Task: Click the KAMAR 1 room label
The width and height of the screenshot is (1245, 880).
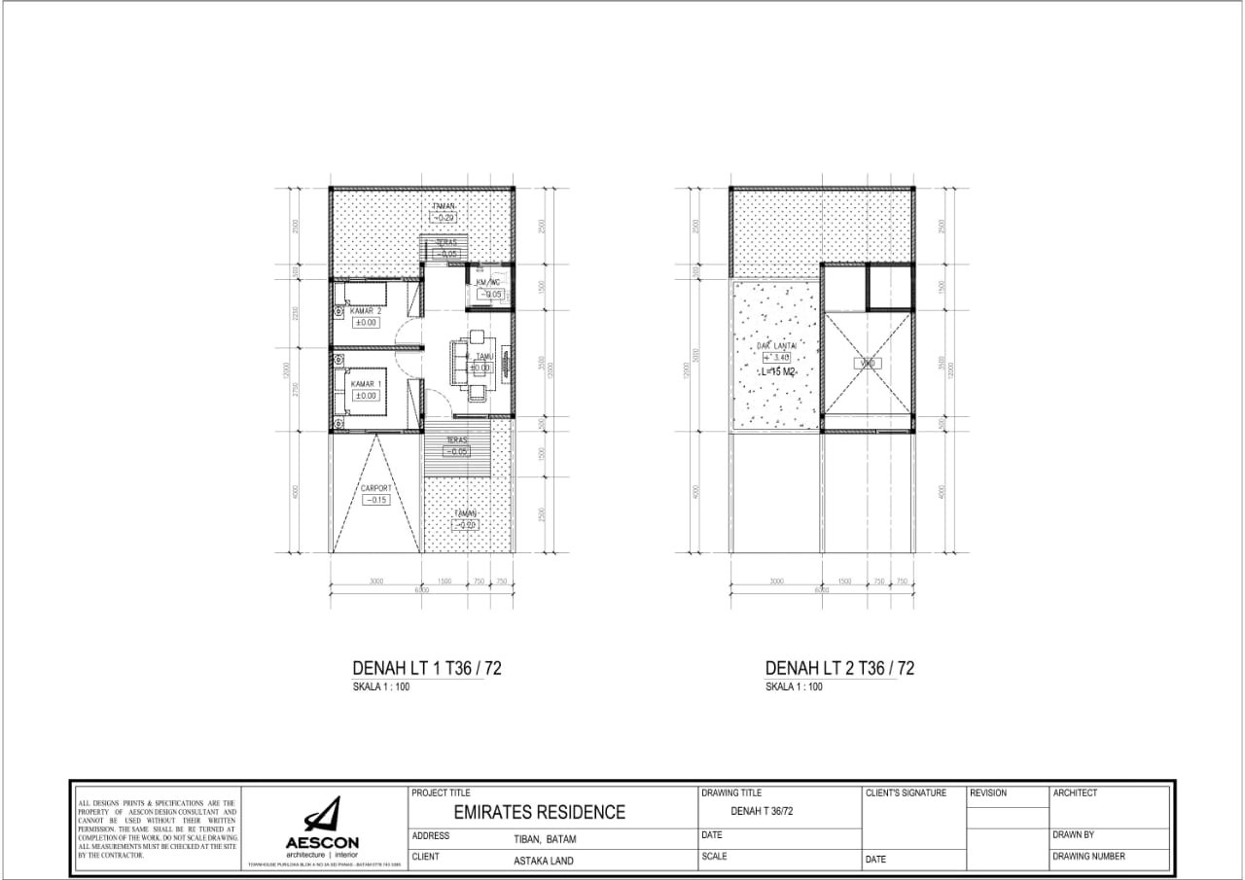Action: pos(366,384)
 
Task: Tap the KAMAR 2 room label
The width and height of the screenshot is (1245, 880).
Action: pos(366,310)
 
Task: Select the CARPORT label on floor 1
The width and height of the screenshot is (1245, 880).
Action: pos(375,488)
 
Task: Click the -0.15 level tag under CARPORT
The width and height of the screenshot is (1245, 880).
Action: pos(375,500)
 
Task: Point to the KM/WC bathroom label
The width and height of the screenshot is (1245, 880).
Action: pos(487,282)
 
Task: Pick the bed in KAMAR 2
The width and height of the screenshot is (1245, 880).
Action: pos(361,295)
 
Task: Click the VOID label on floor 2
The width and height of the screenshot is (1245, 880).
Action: pos(868,363)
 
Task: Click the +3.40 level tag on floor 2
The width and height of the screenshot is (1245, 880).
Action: pos(775,358)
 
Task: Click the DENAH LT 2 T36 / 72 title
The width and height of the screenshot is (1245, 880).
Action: pos(839,668)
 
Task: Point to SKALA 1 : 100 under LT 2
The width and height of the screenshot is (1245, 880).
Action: pos(794,686)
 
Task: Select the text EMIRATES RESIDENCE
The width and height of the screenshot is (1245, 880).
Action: pos(540,812)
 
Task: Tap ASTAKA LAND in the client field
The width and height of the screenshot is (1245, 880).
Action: pos(544,861)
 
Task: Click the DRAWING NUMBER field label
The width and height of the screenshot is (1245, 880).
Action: pos(1088,857)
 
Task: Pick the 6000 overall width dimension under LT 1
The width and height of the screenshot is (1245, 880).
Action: pos(421,590)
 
